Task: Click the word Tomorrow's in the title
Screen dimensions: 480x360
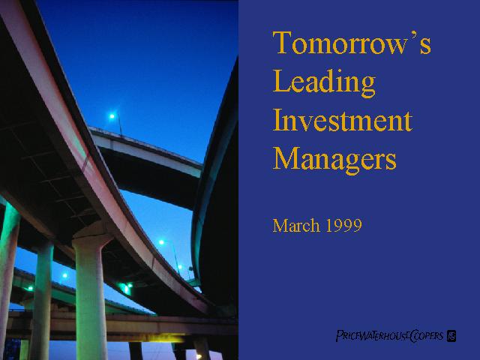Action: click(x=352, y=42)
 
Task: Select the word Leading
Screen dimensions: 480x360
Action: click(x=324, y=82)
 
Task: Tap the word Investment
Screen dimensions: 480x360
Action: click(x=342, y=121)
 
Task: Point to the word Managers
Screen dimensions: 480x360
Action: click(x=334, y=160)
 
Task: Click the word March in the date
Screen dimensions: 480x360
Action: click(x=296, y=225)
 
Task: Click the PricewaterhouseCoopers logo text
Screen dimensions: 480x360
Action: click(x=390, y=336)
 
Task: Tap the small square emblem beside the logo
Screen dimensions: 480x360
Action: click(x=451, y=336)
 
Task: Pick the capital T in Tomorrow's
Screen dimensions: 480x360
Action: click(x=282, y=42)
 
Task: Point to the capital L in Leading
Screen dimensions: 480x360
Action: click(x=280, y=80)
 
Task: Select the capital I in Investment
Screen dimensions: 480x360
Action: click(x=277, y=120)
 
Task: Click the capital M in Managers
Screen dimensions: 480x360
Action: click(x=286, y=158)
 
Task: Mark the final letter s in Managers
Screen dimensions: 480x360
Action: click(x=391, y=162)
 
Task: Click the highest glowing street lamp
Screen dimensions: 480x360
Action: click(x=112, y=116)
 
